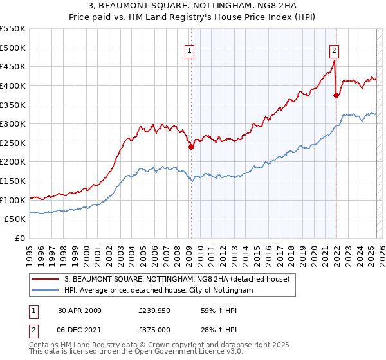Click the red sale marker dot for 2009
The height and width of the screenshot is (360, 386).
click(191, 147)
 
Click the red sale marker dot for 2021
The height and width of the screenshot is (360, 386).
click(336, 95)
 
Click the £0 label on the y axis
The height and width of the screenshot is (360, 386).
click(19, 238)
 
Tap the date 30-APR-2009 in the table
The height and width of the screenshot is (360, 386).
click(79, 310)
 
